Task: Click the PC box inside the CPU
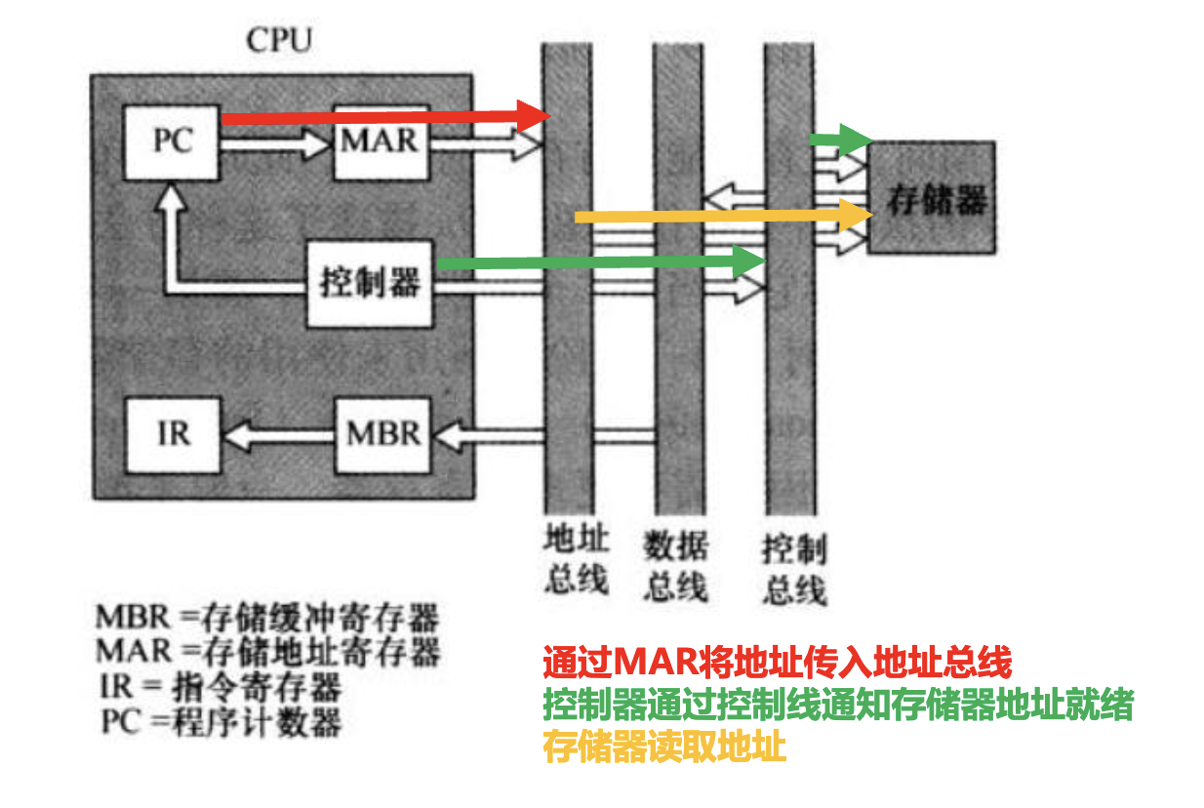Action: pyautogui.click(x=173, y=141)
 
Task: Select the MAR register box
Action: pyautogui.click(x=381, y=141)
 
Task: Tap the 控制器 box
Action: pyautogui.click(x=369, y=283)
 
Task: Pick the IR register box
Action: pyautogui.click(x=173, y=433)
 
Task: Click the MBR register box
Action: pyautogui.click(x=383, y=433)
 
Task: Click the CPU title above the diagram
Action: pyautogui.click(x=279, y=41)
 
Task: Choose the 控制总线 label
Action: pyautogui.click(x=794, y=570)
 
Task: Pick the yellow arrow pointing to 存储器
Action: pyautogui.click(x=722, y=216)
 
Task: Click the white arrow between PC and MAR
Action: pyautogui.click(x=277, y=145)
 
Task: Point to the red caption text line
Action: pyautogui.click(x=778, y=664)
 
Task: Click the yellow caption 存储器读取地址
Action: pyautogui.click(x=664, y=747)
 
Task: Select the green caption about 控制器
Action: pyautogui.click(x=838, y=705)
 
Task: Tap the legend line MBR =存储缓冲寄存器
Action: pyautogui.click(x=267, y=617)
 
